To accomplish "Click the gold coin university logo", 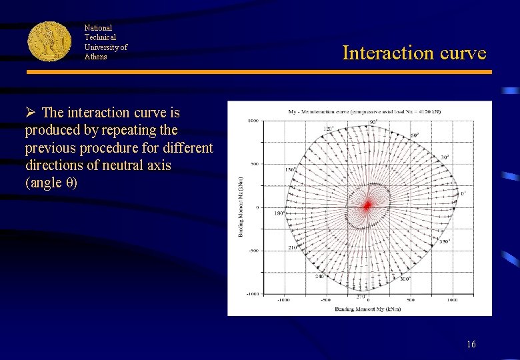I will (x=49, y=41).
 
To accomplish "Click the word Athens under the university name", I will (x=95, y=57).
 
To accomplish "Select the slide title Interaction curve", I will (x=414, y=53).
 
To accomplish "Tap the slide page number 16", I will (x=471, y=345).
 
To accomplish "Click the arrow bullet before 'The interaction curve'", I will (x=31, y=113).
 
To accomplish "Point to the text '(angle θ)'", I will (x=51, y=183).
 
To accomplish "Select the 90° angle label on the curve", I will (x=373, y=122).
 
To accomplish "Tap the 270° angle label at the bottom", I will (x=361, y=297).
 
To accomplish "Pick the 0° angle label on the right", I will (x=463, y=194).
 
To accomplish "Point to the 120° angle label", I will (x=328, y=129).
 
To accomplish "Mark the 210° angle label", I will (x=293, y=247).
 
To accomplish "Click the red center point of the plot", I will (x=367, y=205).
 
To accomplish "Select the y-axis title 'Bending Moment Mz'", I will (x=241, y=207).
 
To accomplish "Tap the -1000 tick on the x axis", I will (x=283, y=300).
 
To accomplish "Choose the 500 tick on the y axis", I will (x=254, y=164).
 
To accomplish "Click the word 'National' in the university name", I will (x=98, y=28).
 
